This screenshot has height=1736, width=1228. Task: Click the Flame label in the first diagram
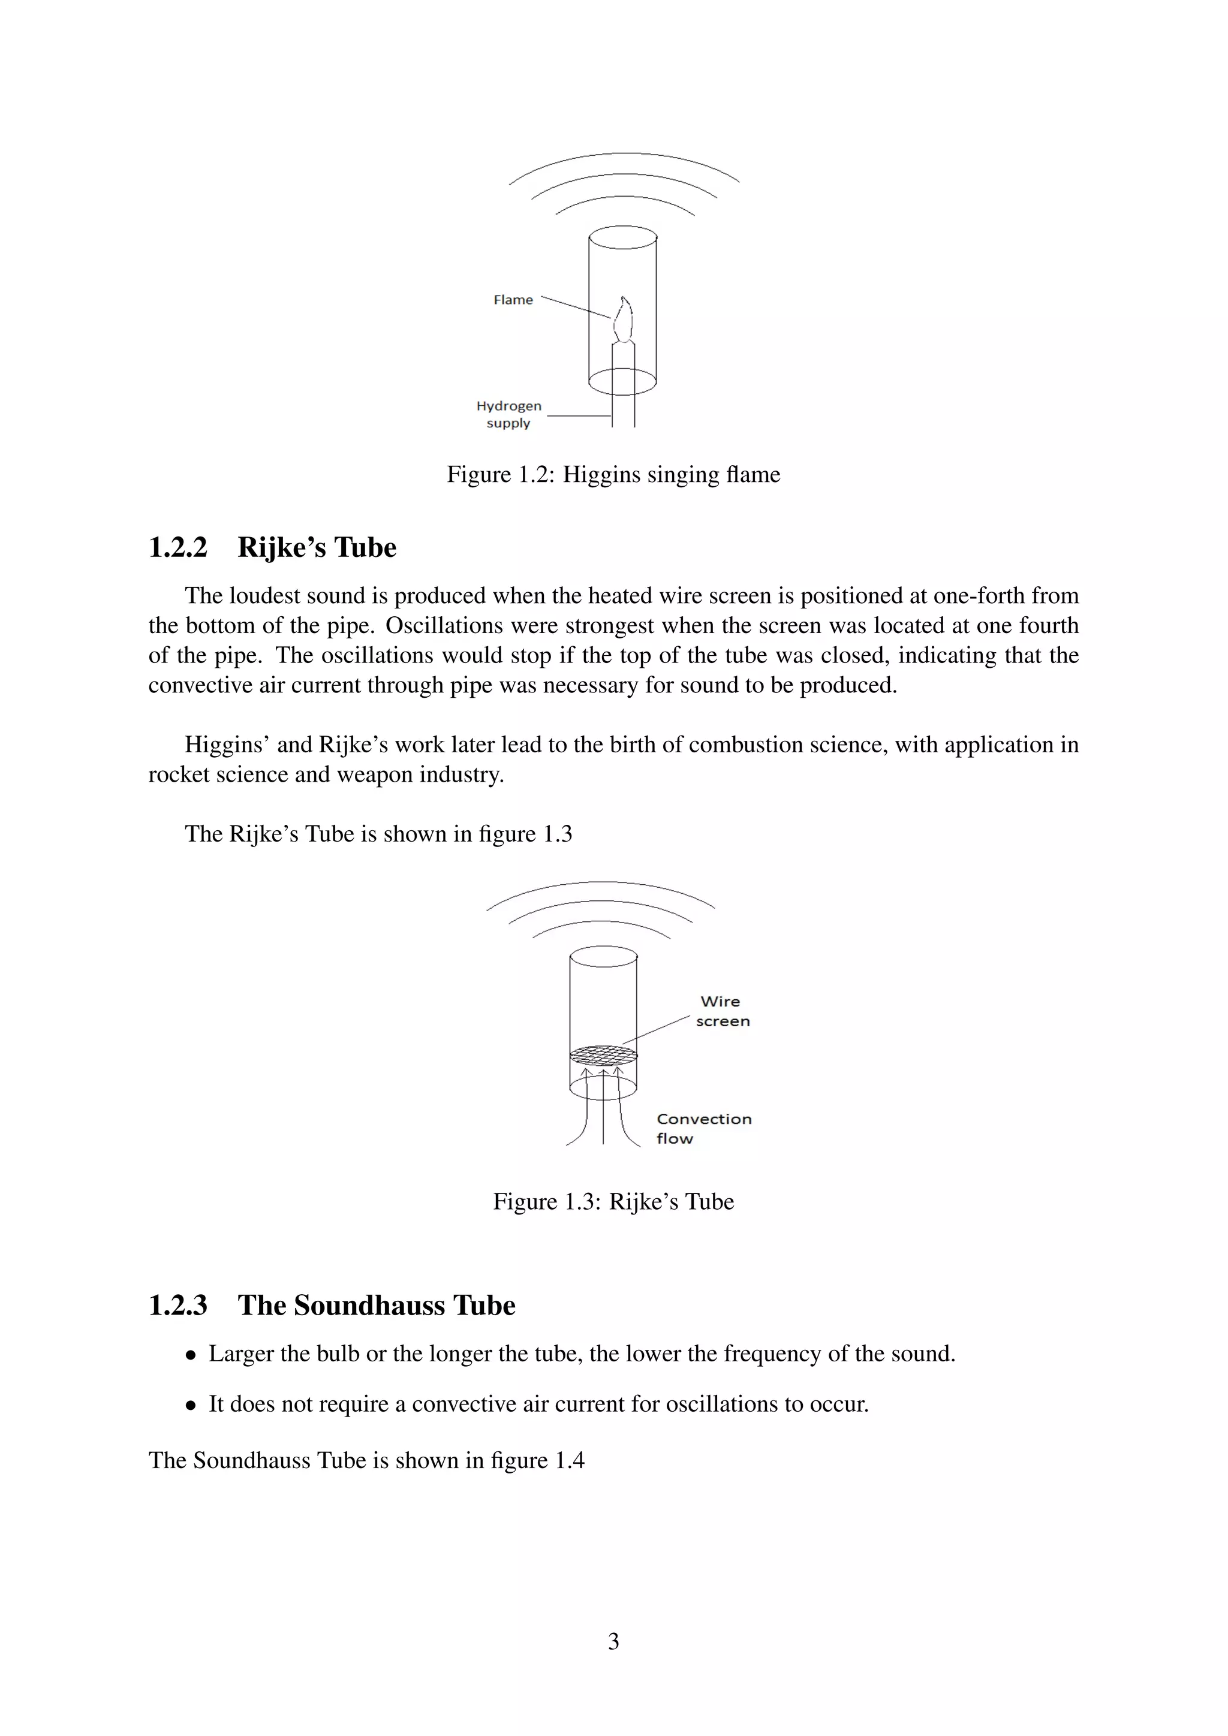(x=513, y=300)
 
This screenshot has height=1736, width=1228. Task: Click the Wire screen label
(x=722, y=1011)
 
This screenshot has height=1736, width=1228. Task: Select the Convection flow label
(x=703, y=1128)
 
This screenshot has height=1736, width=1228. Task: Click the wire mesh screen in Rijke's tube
(x=603, y=1053)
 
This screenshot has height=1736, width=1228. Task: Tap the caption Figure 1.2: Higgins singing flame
(x=613, y=475)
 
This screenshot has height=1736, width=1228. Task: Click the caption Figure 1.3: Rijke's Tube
(x=613, y=1201)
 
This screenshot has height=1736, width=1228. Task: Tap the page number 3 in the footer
(x=613, y=1641)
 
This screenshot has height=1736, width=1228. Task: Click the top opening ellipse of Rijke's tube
(x=603, y=957)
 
